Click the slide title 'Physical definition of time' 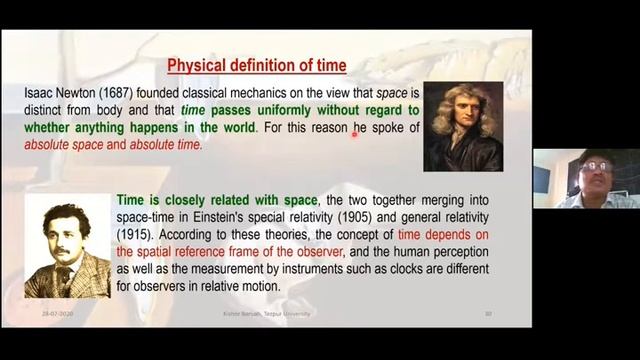(257, 66)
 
